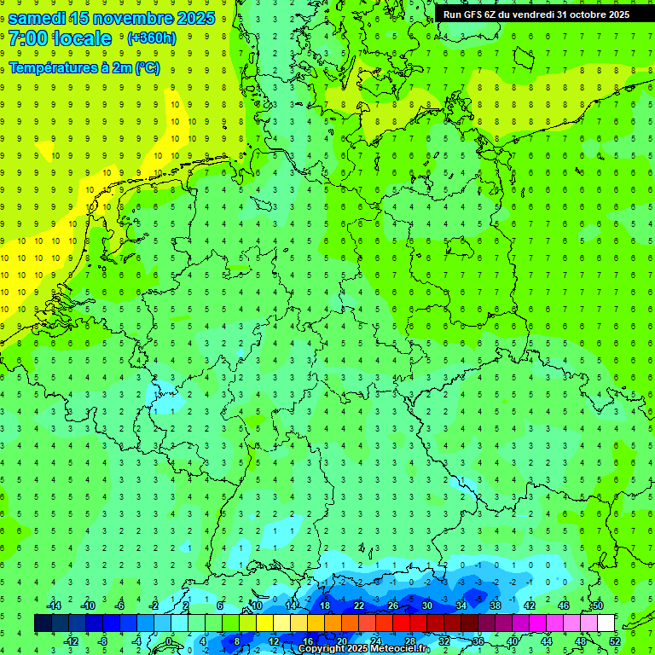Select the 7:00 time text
click(29, 38)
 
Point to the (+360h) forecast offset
click(151, 38)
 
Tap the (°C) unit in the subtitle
click(147, 68)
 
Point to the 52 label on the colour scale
click(615, 641)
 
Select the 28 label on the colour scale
click(409, 641)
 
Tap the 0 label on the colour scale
click(170, 641)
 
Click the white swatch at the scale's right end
click(606, 623)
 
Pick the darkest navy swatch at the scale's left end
click(43, 623)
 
